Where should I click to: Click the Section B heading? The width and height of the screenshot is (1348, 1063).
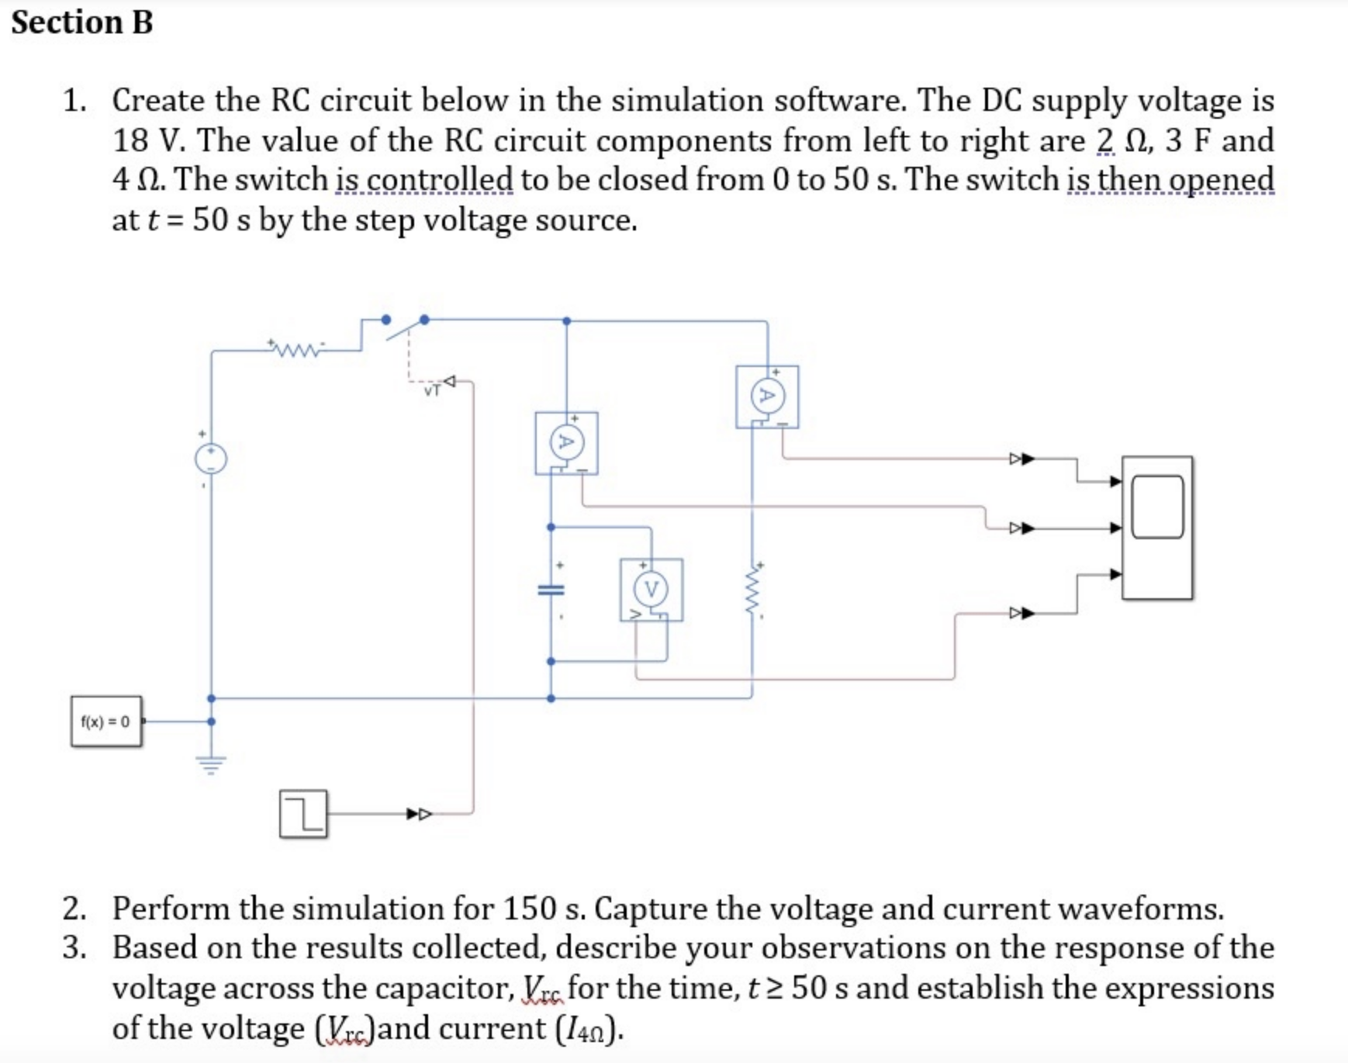pos(82,23)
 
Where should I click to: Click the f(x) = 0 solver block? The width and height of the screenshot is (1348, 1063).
pos(106,722)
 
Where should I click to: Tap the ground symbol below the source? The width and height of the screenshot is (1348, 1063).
pos(211,764)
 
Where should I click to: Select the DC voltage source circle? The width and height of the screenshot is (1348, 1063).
pos(211,459)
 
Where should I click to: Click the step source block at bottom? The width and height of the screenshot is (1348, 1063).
pos(303,814)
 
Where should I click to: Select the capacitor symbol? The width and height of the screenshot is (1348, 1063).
pos(551,590)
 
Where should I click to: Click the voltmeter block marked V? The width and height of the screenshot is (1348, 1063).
pos(652,590)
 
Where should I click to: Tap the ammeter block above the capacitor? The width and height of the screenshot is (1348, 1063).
pos(566,443)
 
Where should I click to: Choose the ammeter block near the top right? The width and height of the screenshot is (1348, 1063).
pos(767,396)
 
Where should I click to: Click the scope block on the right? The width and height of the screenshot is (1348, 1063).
pos(1157,528)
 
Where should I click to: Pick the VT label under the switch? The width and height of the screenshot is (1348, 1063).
pos(432,390)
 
